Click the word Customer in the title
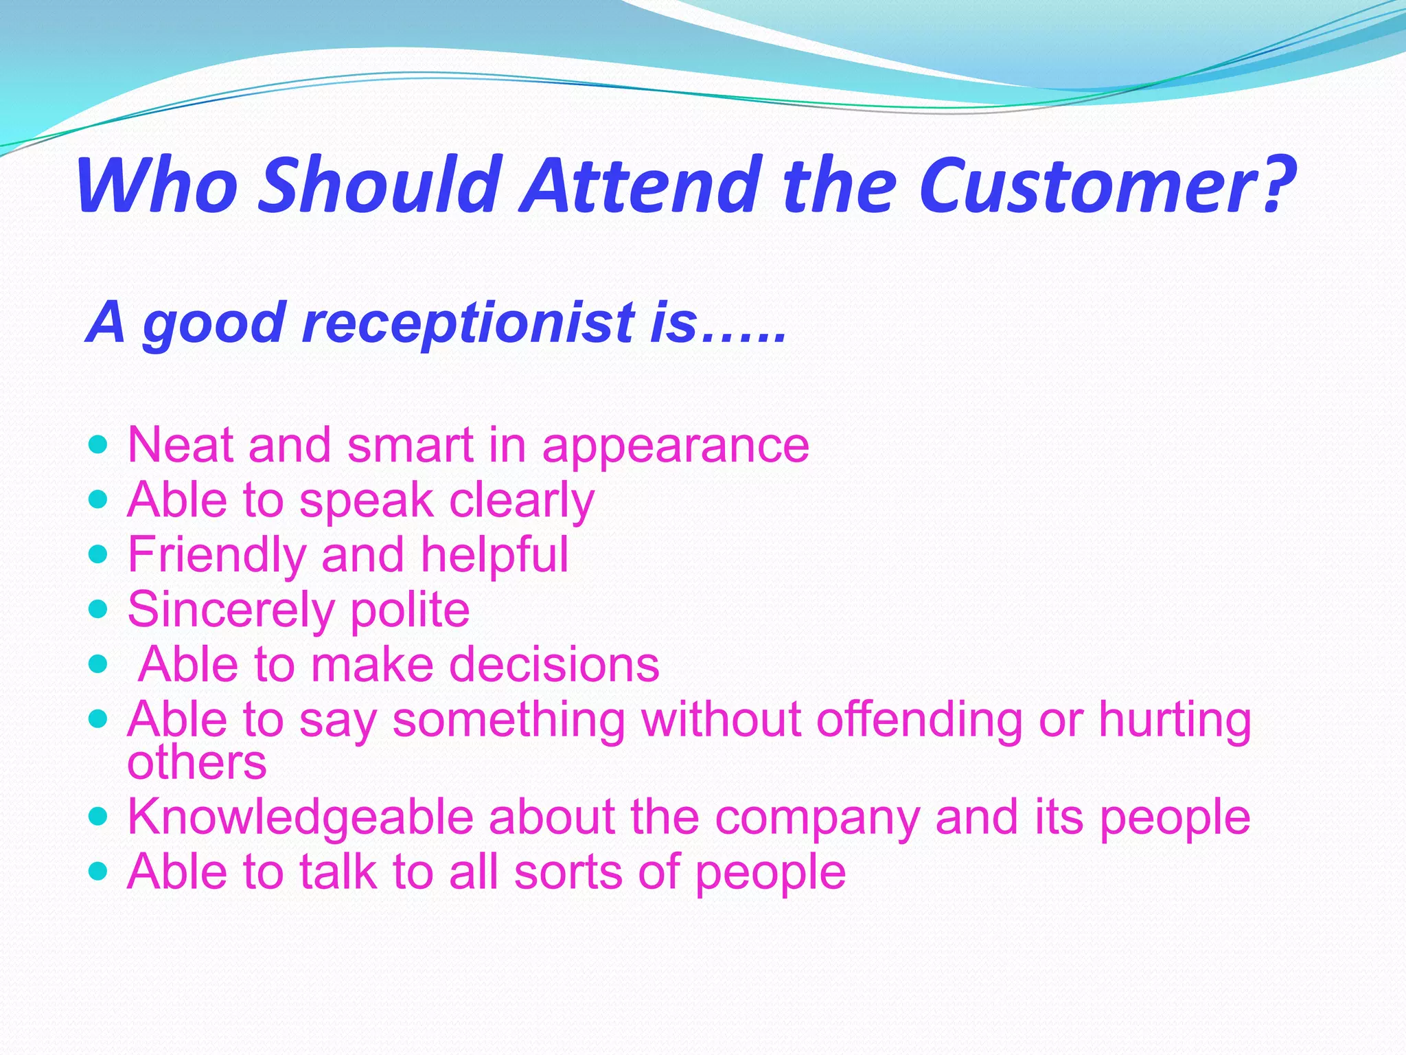pos(1105,185)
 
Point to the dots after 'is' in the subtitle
pos(744,337)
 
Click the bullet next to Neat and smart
pos(99,444)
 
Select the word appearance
pos(676,446)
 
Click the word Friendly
pos(216,555)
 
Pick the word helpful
pos(494,555)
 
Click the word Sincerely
pos(231,610)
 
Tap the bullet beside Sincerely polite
pos(99,609)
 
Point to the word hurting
pos(1175,720)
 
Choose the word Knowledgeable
pos(301,817)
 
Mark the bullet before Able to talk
pos(99,872)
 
